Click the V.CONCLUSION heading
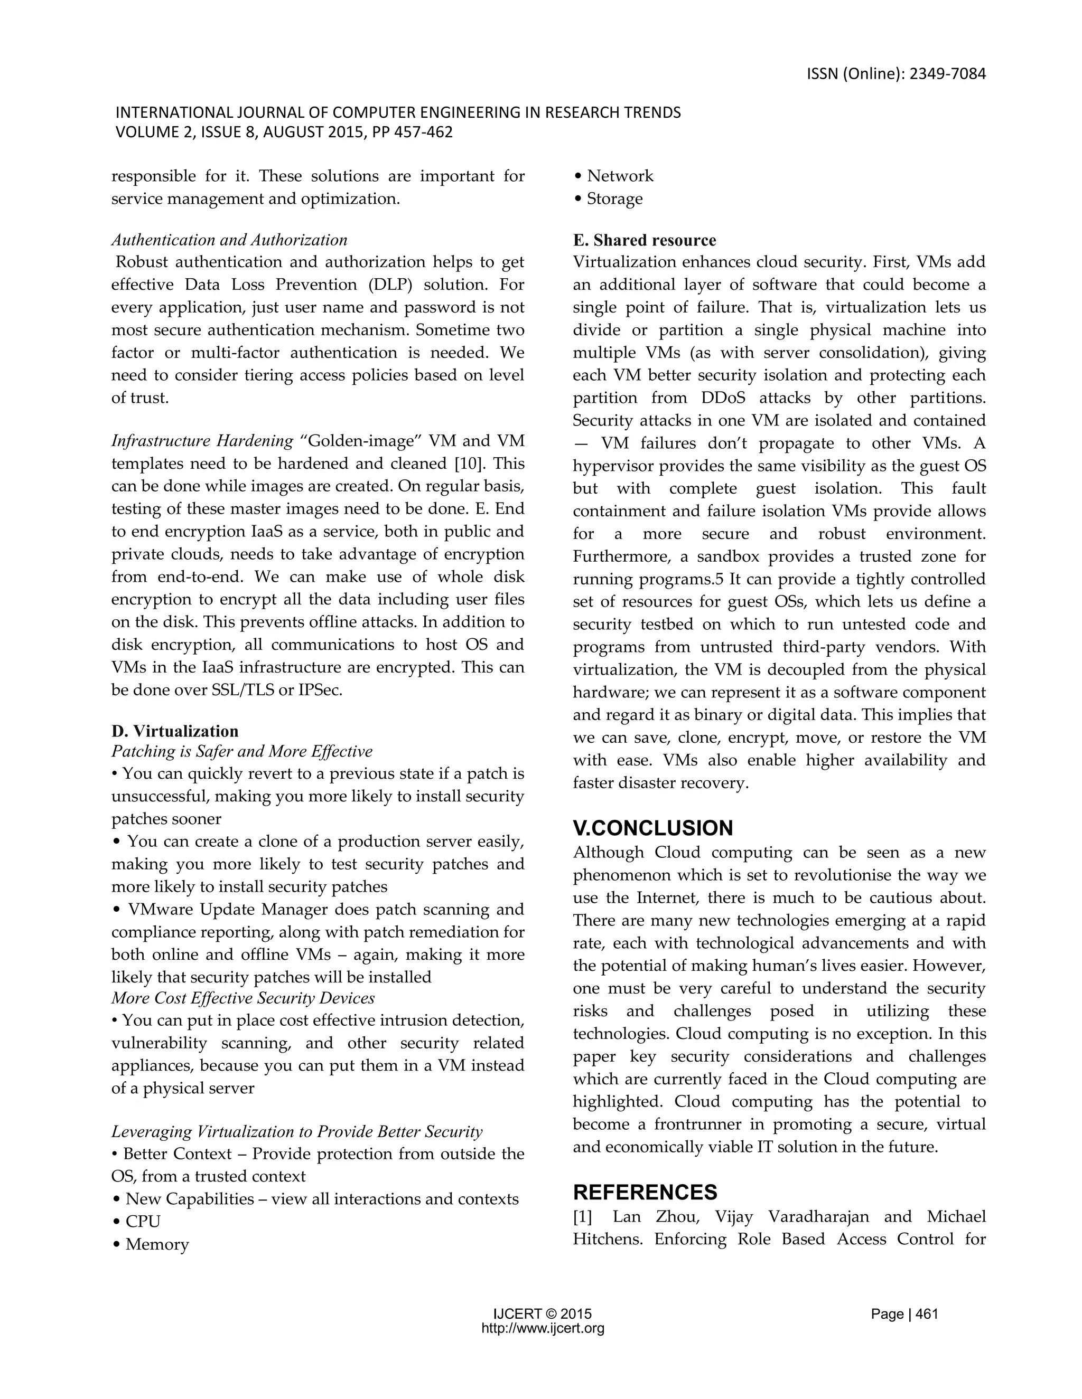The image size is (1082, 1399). (x=652, y=828)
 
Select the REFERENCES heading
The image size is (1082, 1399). (x=645, y=1192)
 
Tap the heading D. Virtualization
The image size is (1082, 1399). (x=174, y=731)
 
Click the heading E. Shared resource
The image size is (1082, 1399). (x=644, y=240)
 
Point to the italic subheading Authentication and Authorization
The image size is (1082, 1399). (x=229, y=240)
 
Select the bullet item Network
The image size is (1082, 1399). (x=619, y=176)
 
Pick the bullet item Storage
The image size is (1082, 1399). (x=614, y=198)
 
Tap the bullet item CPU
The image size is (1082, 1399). (x=142, y=1221)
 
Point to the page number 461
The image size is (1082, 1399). (x=927, y=1315)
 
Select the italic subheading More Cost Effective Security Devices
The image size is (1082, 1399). (x=243, y=998)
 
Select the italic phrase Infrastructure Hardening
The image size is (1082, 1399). (x=202, y=441)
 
